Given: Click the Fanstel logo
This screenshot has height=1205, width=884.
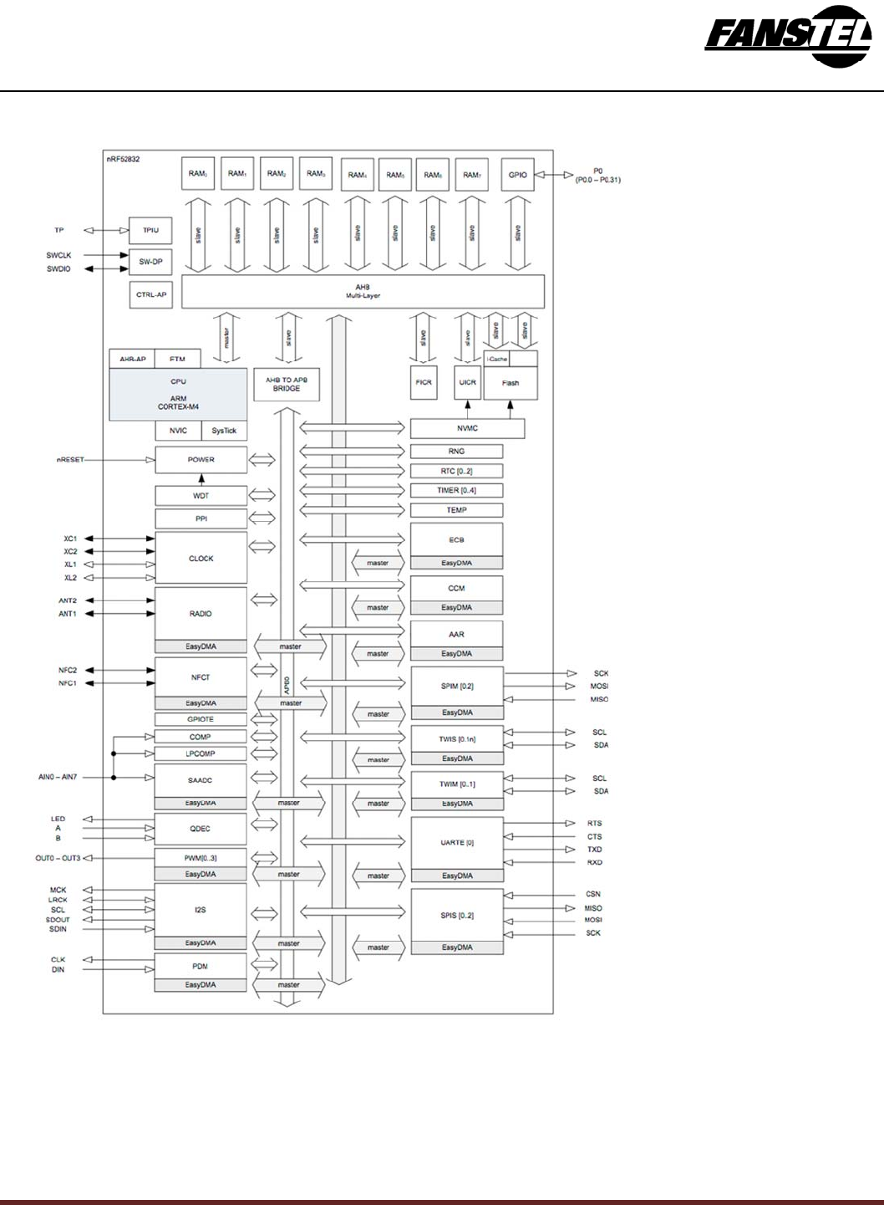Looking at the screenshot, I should pos(787,37).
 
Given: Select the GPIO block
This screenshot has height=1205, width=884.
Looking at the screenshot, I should pos(517,175).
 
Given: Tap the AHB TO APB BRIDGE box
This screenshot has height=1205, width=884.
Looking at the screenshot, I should pos(287,384).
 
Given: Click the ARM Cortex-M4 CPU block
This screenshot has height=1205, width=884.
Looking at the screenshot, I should pos(178,394).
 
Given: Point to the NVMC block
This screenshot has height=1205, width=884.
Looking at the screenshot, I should pos(467,428).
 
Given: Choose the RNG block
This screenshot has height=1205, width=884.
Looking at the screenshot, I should pos(456,451).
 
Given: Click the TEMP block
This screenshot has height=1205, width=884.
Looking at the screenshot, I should pos(456,510).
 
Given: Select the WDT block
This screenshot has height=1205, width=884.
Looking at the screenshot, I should pos(201,496).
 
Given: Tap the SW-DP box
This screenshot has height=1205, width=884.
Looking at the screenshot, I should pos(150,262).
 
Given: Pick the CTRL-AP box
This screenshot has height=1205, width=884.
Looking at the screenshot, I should pos(151,294).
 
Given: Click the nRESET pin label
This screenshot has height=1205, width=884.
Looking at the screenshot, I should pos(70,460).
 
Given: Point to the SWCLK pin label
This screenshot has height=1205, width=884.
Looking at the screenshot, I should pos(58,256).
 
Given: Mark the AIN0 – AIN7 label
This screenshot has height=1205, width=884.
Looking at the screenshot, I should pos(58,778).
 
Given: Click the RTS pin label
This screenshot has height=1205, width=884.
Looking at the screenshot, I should pos(594,824).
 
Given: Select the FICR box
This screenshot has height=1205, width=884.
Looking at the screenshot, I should pos(424,382).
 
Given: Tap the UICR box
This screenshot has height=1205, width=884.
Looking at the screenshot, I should pos(467,382).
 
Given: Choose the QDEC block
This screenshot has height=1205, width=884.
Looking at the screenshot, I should pos(201,829).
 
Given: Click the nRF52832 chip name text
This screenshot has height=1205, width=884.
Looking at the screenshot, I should pos(123,159).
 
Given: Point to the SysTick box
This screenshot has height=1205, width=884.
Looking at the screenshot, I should pos(224,431).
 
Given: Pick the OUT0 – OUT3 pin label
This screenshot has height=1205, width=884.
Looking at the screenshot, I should pos(58,859).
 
